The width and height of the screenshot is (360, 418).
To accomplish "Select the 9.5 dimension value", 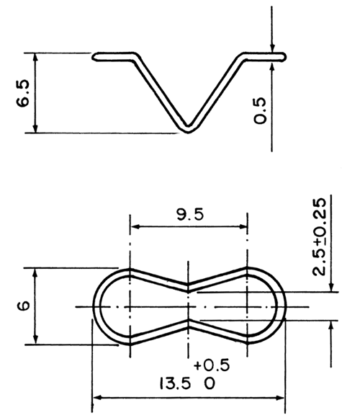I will point(189,215).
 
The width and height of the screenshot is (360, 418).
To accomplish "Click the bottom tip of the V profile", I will point(188,130).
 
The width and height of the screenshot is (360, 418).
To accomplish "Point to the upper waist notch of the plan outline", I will point(188,283).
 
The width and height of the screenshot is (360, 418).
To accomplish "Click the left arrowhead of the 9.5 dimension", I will point(134,228).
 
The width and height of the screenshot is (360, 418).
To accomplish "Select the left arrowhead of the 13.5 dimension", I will point(96,397).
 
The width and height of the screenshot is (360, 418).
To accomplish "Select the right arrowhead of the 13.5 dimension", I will point(282,397).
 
